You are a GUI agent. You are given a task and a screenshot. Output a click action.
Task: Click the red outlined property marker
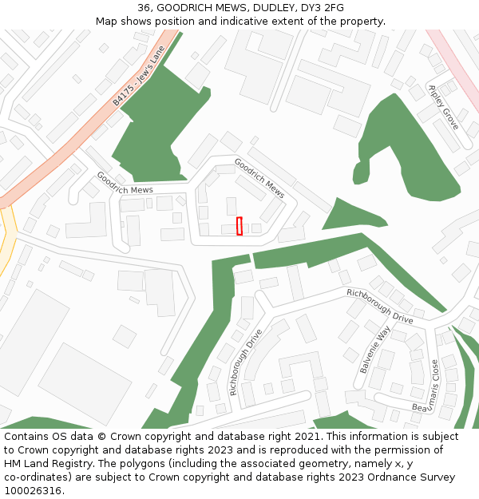[x=239, y=226]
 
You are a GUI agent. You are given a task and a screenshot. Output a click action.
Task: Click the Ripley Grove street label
[x=443, y=107]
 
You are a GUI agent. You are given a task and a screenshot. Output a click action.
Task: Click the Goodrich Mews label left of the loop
[x=125, y=183]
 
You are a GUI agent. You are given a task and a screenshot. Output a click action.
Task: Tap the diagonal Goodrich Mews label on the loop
[x=259, y=177]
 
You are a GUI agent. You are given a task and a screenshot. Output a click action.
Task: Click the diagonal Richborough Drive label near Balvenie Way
[x=379, y=306]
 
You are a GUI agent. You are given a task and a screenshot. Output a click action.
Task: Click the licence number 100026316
[x=32, y=490]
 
